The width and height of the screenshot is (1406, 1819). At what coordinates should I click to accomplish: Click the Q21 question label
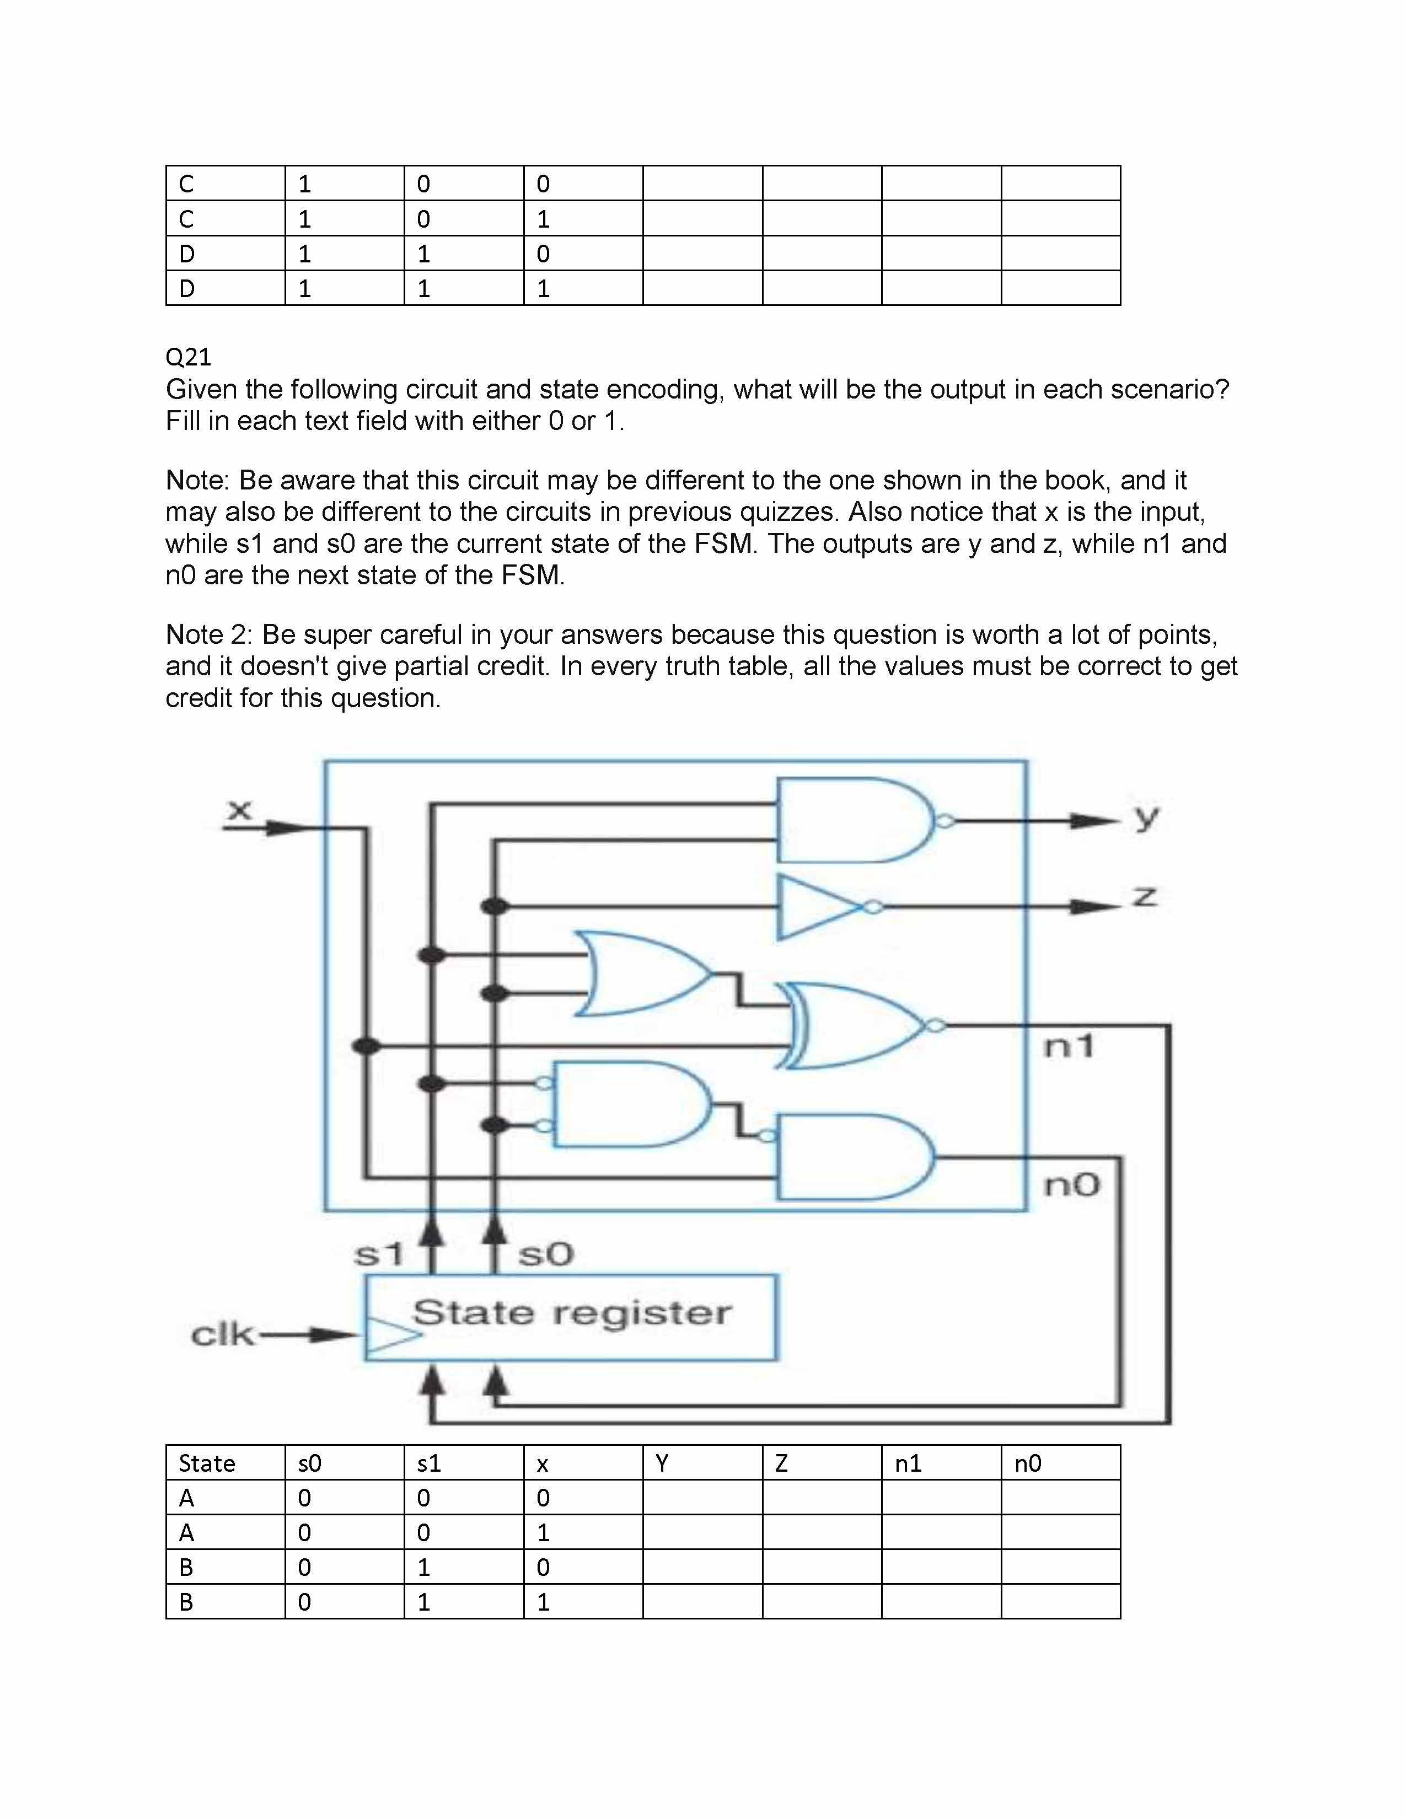coord(188,357)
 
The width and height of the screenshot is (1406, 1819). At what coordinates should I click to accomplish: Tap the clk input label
coord(222,1334)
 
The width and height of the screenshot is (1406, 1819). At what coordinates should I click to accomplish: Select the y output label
coord(1147,818)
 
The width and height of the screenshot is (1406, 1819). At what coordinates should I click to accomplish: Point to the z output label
coord(1145,897)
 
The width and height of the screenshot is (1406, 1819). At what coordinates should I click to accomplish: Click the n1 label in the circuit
coord(1070,1046)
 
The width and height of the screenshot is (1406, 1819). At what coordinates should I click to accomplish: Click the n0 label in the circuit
coord(1072,1185)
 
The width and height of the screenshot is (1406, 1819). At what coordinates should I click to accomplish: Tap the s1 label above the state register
coord(379,1253)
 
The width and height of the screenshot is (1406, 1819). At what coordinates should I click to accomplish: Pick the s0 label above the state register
coord(545,1253)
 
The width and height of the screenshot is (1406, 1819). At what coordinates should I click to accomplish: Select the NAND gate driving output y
coord(854,820)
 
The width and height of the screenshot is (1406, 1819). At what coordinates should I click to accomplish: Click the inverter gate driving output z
coord(820,907)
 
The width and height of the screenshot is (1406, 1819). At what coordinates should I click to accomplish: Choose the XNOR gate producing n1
coord(854,1025)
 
